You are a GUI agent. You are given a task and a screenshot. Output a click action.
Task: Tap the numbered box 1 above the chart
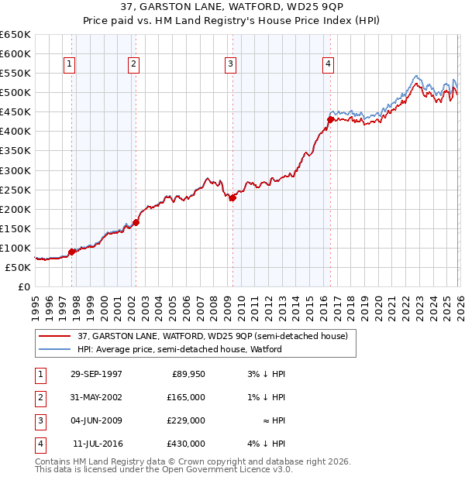pos(70,64)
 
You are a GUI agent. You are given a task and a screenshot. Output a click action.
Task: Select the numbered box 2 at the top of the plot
pos(133,64)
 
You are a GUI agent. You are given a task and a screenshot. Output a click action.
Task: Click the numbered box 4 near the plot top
pos(329,64)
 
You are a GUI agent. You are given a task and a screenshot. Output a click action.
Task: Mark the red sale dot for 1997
pos(71,252)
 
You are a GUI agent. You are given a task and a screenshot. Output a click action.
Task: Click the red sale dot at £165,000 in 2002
pos(136,222)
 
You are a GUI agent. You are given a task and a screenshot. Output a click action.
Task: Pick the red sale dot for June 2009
pos(232,197)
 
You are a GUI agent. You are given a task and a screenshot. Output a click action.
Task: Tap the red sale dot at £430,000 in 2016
pos(330,119)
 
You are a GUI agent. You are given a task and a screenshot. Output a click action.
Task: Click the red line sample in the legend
pos(54,336)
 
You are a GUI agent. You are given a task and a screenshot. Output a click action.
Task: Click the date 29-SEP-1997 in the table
pos(96,374)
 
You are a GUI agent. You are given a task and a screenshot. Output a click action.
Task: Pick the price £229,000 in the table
pos(186,420)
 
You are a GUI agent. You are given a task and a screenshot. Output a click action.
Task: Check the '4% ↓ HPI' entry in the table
pos(268,444)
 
